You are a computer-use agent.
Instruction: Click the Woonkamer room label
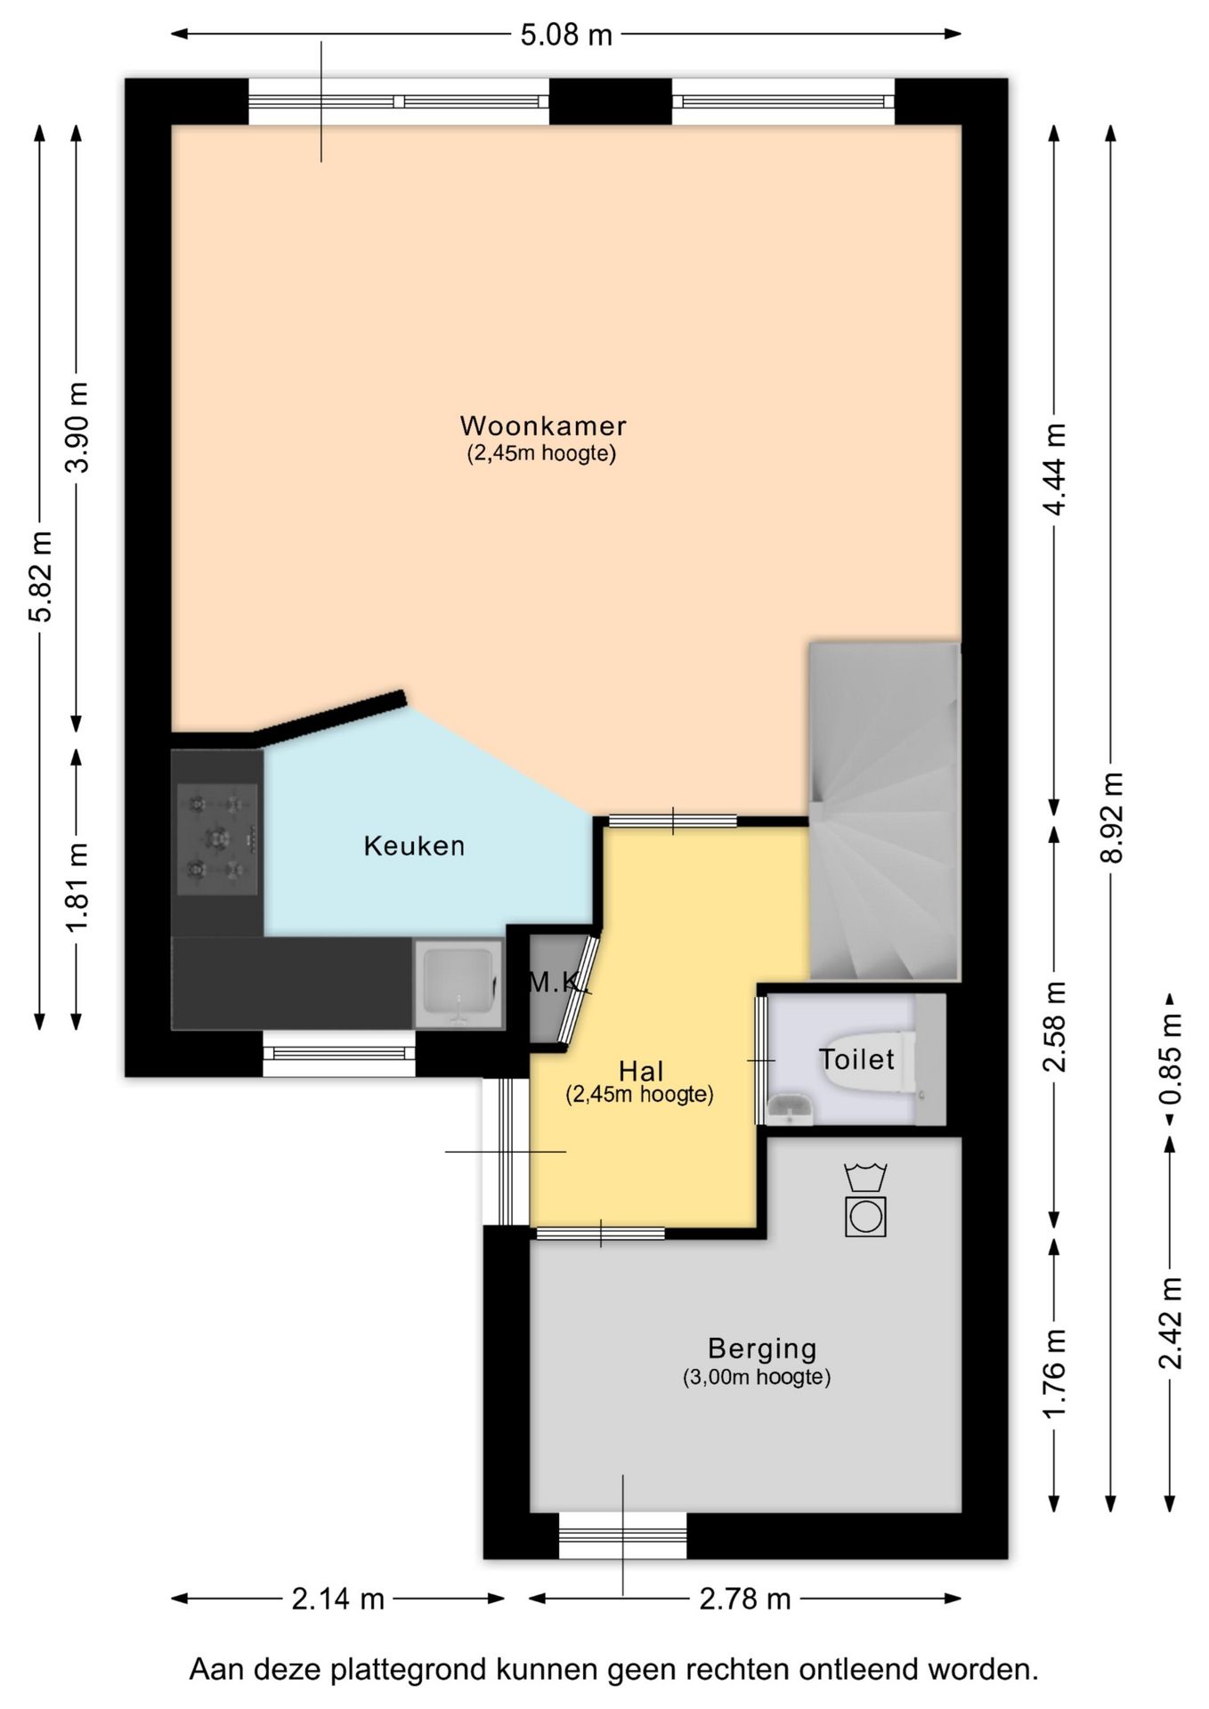click(x=543, y=425)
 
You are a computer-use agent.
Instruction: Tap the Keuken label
click(x=414, y=846)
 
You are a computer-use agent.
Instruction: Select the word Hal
click(x=641, y=1071)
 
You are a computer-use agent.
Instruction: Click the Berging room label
click(x=762, y=1349)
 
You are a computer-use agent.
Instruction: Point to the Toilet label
click(x=856, y=1059)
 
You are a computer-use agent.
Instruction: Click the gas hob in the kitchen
click(x=217, y=838)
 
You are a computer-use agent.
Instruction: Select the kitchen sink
click(x=459, y=984)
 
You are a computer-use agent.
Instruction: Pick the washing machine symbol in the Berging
click(x=865, y=1216)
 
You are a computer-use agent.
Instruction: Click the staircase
click(x=884, y=811)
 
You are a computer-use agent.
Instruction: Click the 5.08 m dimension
click(x=566, y=35)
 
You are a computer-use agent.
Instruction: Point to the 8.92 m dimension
click(x=1111, y=817)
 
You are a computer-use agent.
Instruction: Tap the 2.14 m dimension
click(x=338, y=1600)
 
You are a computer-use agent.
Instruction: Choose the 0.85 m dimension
click(x=1171, y=1059)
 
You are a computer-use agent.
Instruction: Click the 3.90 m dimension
click(x=77, y=427)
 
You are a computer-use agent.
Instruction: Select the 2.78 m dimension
click(x=745, y=1600)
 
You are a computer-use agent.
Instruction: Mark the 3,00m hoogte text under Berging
click(x=757, y=1377)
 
